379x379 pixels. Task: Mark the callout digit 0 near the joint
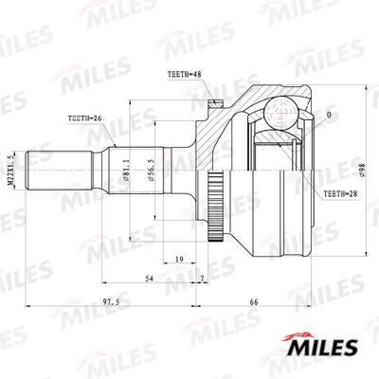click(329, 117)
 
